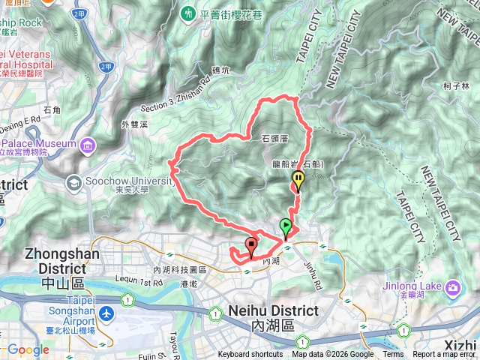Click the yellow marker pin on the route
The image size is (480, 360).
298,180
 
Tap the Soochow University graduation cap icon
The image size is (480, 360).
74,182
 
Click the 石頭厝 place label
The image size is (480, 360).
275,139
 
